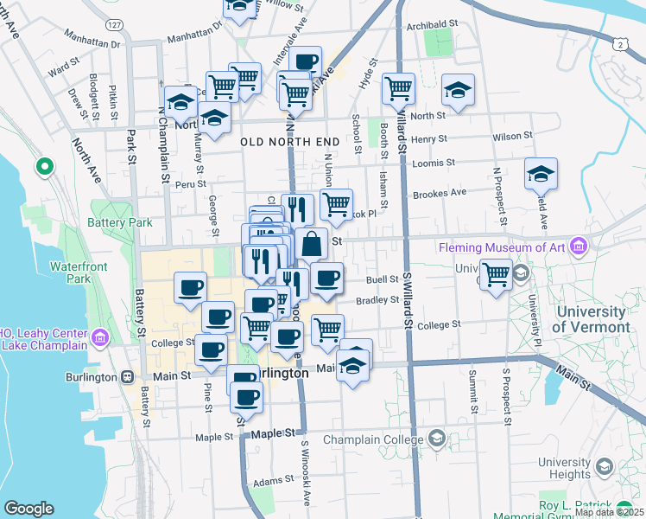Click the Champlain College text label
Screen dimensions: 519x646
click(374, 440)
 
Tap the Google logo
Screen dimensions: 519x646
click(28, 509)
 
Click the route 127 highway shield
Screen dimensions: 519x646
click(115, 26)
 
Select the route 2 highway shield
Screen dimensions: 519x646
click(620, 42)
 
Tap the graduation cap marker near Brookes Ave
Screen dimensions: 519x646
click(541, 174)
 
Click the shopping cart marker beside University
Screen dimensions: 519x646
click(496, 275)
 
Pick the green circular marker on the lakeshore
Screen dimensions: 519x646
click(44, 166)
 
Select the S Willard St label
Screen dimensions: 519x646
click(406, 299)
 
